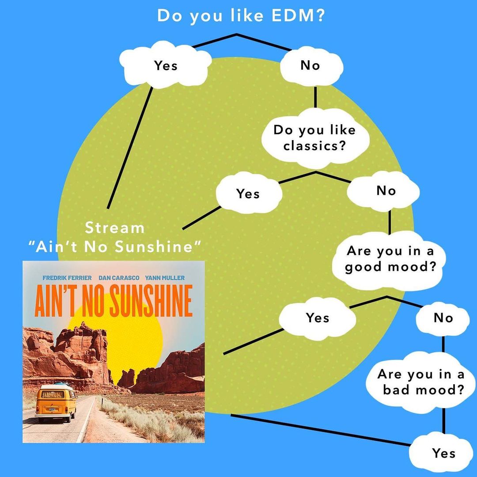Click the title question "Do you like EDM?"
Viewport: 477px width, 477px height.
pyautogui.click(x=241, y=15)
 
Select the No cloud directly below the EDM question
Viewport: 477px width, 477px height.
pyautogui.click(x=310, y=65)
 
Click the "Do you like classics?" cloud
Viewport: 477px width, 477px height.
pyautogui.click(x=314, y=138)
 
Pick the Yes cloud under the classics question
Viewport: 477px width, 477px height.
pyautogui.click(x=248, y=193)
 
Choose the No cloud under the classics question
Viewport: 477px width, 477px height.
pyautogui.click(x=386, y=191)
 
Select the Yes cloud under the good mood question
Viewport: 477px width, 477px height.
pyautogui.click(x=318, y=318)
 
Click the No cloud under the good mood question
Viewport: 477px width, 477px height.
pyautogui.click(x=443, y=318)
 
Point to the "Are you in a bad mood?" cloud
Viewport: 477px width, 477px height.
pyautogui.click(x=420, y=382)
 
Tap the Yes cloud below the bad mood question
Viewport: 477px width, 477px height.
pyautogui.click(x=443, y=453)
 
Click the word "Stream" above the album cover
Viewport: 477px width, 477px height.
pyautogui.click(x=114, y=228)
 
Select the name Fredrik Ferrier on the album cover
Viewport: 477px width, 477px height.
pyautogui.click(x=67, y=278)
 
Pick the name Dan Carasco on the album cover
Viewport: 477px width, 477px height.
pyautogui.click(x=119, y=278)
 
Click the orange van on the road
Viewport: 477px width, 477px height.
pyautogui.click(x=55, y=402)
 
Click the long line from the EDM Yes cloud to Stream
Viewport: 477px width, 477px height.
pyautogui.click(x=130, y=148)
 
